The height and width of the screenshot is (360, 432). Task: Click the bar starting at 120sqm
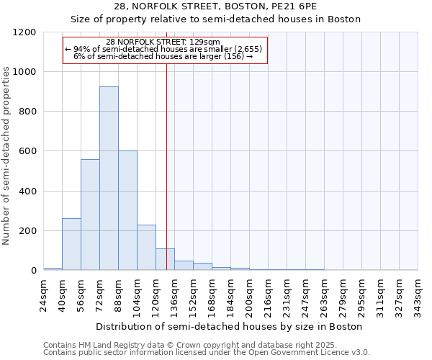pos(165,259)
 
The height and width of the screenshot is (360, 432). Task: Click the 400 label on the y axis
pos(27,192)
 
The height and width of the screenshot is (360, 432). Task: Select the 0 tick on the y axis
pos(33,271)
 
